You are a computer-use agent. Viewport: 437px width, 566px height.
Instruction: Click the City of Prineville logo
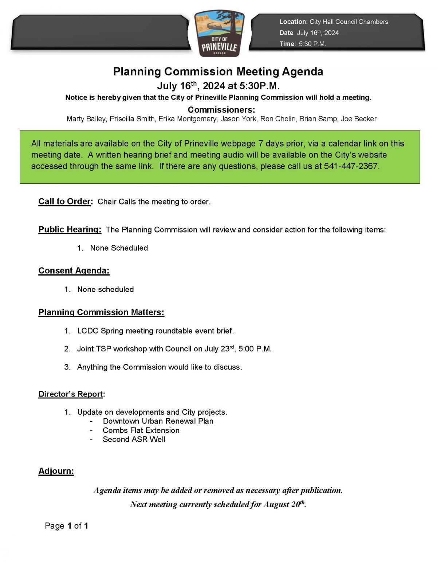(x=219, y=34)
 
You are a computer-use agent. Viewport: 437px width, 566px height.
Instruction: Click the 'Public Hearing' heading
(x=70, y=230)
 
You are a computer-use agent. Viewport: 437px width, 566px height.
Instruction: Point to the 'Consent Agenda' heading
(x=74, y=271)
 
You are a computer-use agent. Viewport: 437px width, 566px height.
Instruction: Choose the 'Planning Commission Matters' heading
(x=101, y=312)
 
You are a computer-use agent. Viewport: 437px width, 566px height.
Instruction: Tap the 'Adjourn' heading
(x=56, y=471)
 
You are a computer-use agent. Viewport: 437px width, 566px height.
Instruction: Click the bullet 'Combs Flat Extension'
(x=141, y=430)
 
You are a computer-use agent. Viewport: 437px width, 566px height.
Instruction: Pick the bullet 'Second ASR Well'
(x=134, y=440)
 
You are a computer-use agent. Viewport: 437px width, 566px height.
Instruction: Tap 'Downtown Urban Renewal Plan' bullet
(x=158, y=421)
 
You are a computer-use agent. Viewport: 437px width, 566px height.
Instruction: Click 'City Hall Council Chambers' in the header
(x=349, y=22)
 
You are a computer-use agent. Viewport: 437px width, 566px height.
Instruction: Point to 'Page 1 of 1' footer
(x=67, y=526)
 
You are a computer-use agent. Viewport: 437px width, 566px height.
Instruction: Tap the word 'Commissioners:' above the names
(x=221, y=110)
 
